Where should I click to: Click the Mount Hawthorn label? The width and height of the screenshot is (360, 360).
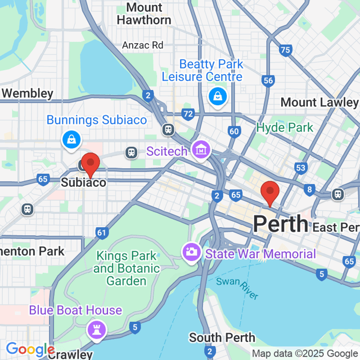[144, 13]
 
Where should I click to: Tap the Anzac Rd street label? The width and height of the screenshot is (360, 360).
[143, 45]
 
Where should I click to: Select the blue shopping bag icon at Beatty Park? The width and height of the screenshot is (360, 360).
[217, 96]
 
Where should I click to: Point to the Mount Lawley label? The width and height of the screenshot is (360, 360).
[319, 102]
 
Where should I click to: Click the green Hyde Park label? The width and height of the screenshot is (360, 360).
[285, 128]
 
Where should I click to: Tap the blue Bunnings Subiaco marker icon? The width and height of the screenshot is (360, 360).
[71, 139]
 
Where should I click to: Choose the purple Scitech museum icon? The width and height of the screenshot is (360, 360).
[200, 150]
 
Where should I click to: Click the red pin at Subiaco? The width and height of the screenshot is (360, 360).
[90, 164]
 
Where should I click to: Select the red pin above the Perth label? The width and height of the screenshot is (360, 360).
[270, 193]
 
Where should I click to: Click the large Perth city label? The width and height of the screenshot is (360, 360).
[280, 224]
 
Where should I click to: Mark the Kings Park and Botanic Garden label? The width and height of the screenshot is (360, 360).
[120, 268]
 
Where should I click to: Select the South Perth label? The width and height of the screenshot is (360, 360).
[222, 338]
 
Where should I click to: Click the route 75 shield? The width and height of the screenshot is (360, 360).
[285, 51]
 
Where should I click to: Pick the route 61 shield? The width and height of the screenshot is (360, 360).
[102, 232]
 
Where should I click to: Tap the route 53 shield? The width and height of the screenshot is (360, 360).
[301, 168]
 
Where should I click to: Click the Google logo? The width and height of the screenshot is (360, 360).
[29, 349]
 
